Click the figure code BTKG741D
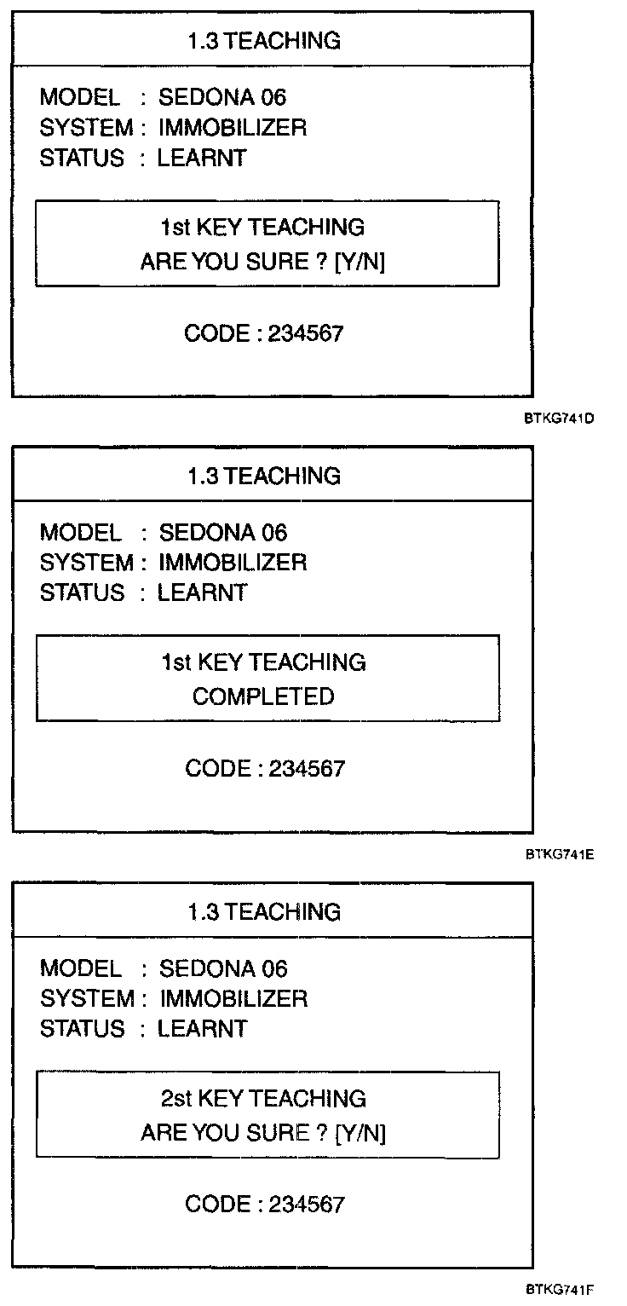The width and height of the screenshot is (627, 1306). click(x=559, y=419)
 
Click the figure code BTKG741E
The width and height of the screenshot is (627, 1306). click(x=559, y=855)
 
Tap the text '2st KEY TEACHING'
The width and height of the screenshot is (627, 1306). click(x=263, y=1098)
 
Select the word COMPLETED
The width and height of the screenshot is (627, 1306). click(x=263, y=696)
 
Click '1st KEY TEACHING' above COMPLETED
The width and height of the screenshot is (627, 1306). click(x=263, y=662)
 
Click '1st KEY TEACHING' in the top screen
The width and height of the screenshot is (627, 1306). click(x=262, y=227)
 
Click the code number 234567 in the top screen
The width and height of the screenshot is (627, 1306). click(x=306, y=332)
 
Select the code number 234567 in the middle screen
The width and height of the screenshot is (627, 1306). click(x=307, y=768)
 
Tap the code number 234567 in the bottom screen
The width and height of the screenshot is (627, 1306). click(x=307, y=1205)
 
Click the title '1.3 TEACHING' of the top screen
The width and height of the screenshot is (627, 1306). click(x=263, y=40)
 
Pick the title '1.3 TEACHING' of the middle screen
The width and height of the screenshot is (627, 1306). click(x=263, y=476)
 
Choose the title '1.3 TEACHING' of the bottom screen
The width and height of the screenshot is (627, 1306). click(x=263, y=912)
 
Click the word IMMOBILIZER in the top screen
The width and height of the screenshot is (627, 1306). click(x=233, y=128)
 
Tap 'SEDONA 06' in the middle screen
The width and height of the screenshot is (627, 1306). click(x=223, y=534)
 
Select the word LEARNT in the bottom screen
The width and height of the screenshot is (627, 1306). click(x=202, y=1028)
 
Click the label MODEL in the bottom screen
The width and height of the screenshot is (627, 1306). click(x=81, y=968)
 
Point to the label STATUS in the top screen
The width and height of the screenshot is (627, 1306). click(x=82, y=158)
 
